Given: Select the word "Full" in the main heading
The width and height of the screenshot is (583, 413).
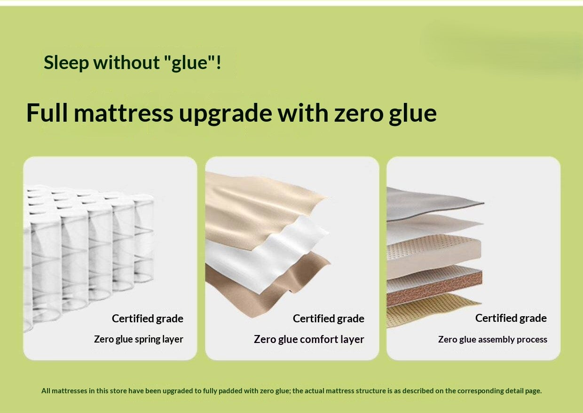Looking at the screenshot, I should tap(47, 113).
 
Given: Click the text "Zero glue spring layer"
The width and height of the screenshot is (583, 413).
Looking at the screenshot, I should tap(139, 339).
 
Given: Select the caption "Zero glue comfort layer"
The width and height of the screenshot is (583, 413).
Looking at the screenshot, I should tap(309, 339).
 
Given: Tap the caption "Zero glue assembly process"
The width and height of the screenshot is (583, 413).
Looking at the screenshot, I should tap(492, 339).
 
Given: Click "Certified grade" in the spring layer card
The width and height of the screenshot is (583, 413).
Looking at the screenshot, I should tap(147, 319).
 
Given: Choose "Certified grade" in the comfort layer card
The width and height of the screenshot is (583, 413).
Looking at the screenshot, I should tap(328, 319).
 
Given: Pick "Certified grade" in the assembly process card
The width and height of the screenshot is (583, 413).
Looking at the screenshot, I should tap(511, 318).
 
